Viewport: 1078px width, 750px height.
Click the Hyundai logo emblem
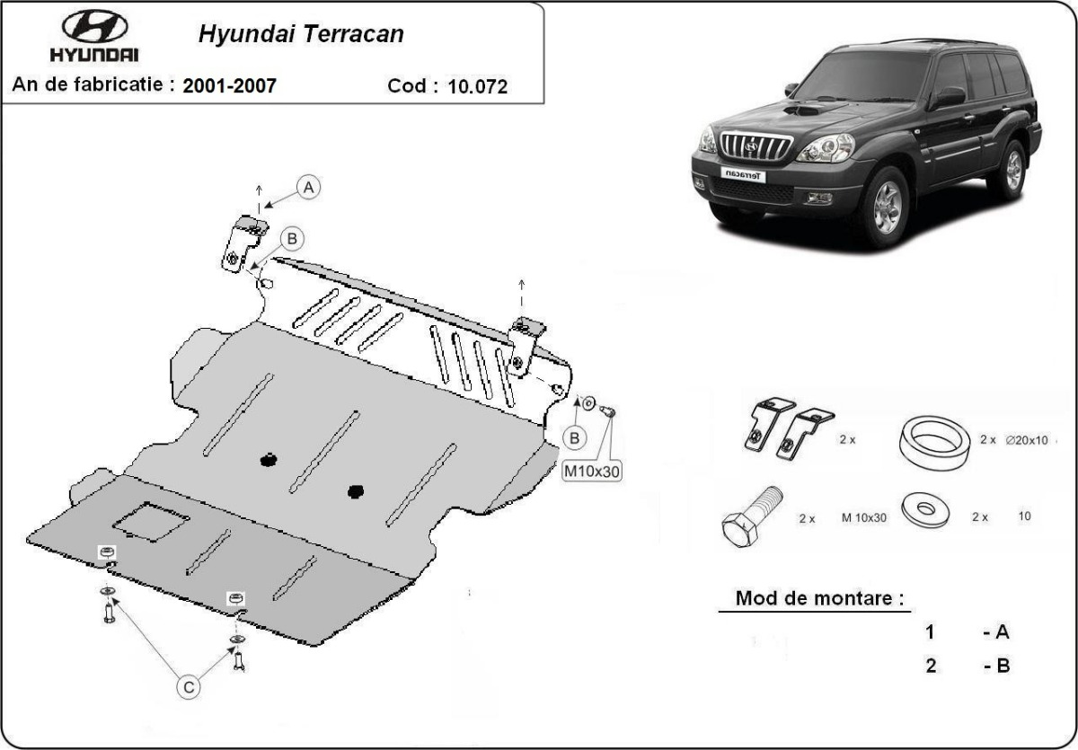[94, 27]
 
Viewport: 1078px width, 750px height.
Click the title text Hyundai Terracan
[301, 35]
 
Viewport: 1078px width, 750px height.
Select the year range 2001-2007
[229, 86]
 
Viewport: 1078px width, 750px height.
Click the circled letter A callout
[309, 188]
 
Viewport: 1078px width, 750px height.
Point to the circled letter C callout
[188, 687]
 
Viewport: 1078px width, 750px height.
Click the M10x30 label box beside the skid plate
[591, 472]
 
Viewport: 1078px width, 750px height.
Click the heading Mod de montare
[819, 598]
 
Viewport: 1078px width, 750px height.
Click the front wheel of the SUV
[886, 208]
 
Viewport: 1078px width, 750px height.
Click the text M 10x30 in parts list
[864, 518]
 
